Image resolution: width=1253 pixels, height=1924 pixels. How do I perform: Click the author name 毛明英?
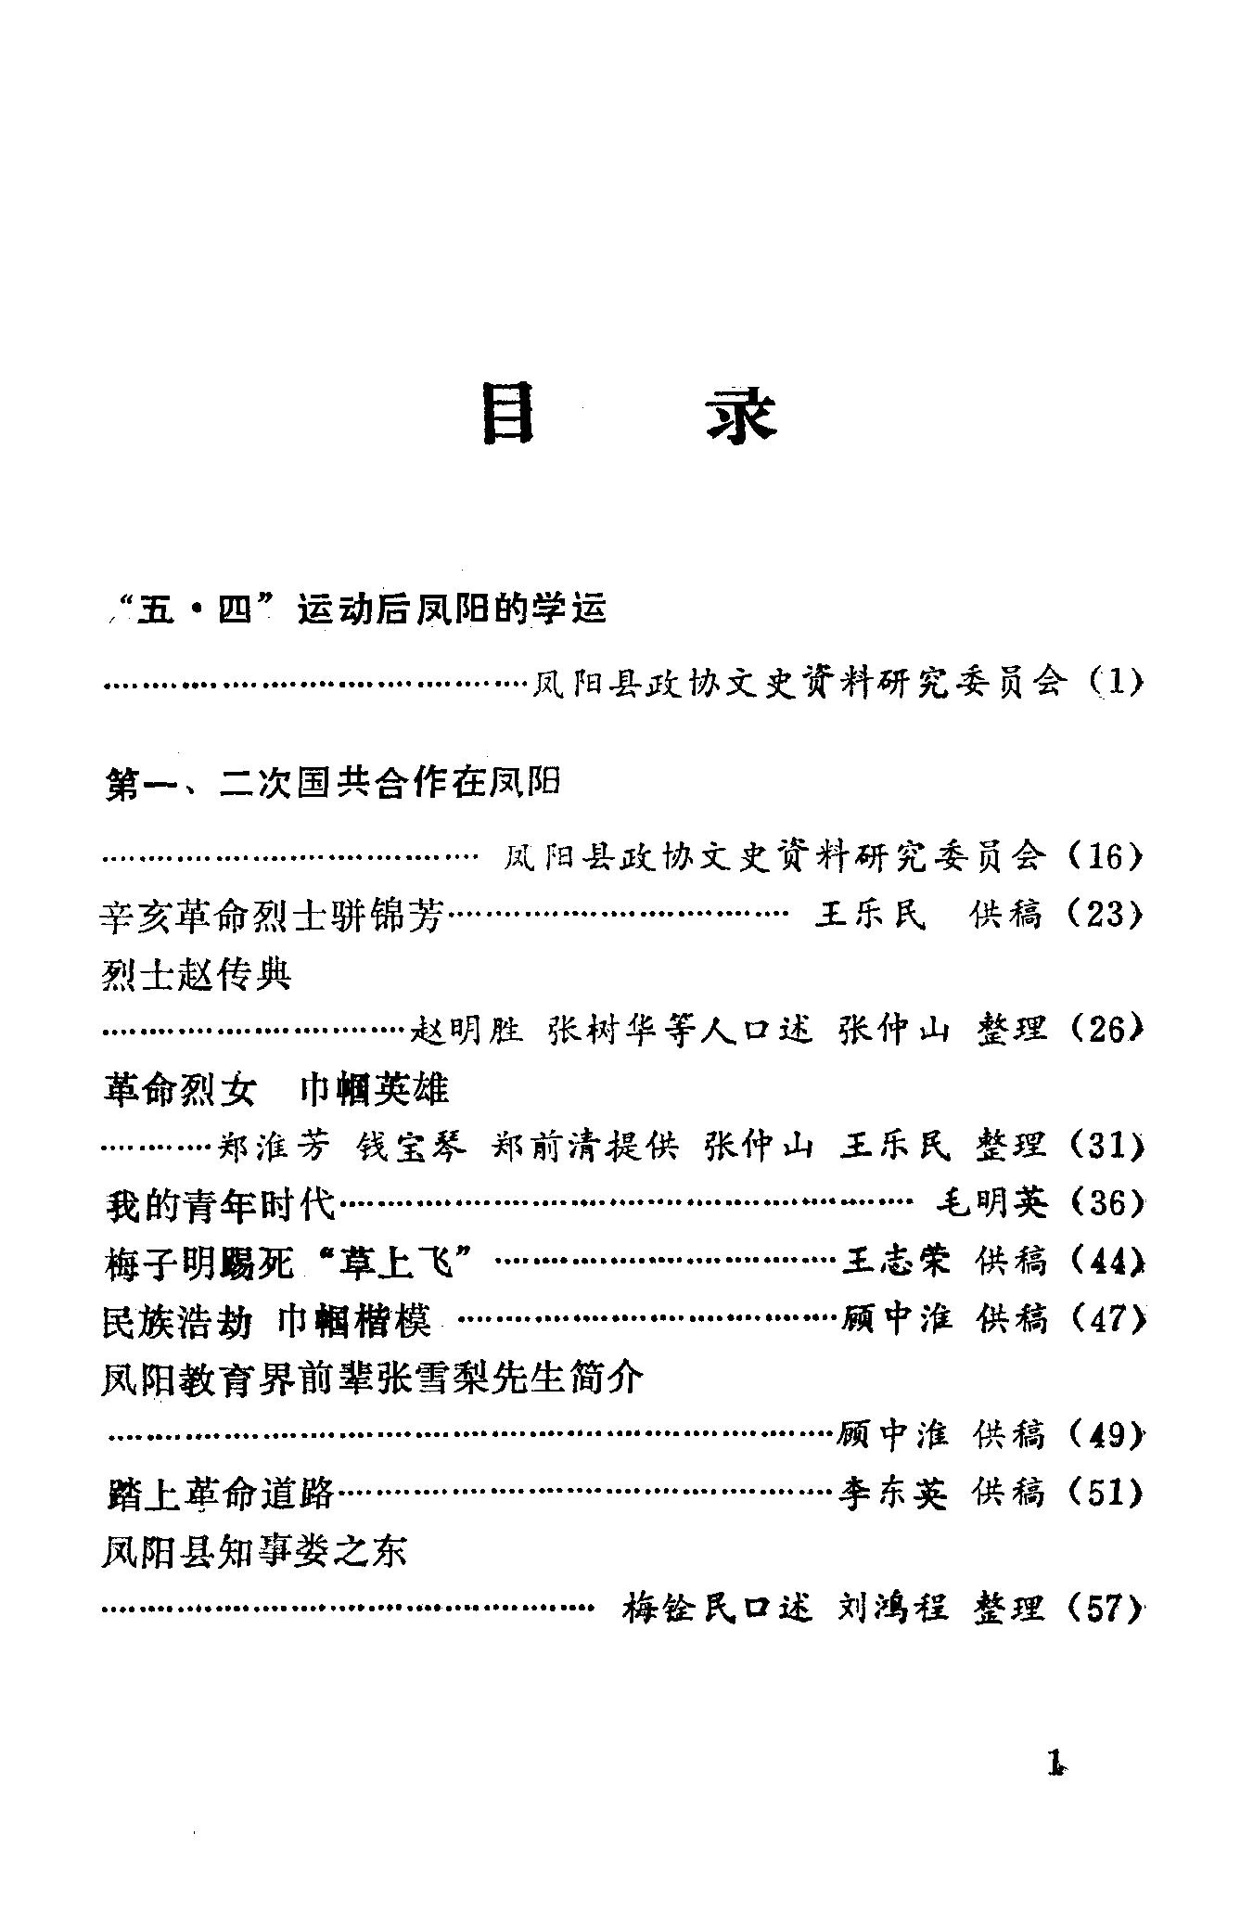point(991,1203)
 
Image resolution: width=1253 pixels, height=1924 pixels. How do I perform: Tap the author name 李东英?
point(892,1493)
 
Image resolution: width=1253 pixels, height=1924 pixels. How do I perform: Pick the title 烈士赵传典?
point(196,974)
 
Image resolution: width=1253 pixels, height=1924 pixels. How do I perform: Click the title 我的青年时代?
point(219,1205)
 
